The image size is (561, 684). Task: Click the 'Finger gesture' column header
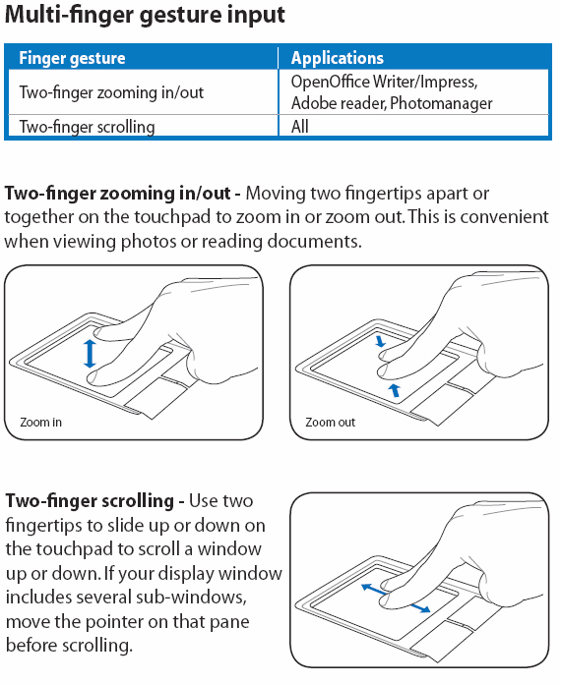coord(72,58)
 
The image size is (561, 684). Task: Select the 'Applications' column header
coord(338,58)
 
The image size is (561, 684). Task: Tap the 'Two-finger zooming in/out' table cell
coord(111,92)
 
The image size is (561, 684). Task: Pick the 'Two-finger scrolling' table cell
coord(87,127)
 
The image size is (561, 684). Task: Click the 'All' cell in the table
coord(300,127)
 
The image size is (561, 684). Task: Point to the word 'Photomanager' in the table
coord(441,103)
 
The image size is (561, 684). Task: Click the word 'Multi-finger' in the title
coord(69,15)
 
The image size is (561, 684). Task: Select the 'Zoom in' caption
coord(40,423)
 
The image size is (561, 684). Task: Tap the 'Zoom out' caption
coord(331,423)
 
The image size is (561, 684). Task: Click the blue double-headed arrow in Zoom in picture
coord(90,354)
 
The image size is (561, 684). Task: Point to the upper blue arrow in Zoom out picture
coord(381,340)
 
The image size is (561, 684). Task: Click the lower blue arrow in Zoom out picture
coord(395,389)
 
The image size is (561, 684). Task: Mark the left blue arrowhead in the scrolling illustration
coord(367,588)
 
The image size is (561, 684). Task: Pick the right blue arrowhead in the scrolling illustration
coord(424,609)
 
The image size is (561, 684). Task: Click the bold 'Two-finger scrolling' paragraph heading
coord(90,501)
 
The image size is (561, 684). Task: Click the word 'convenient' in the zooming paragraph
coord(504,217)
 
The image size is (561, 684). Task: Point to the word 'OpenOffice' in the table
coord(331,82)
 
